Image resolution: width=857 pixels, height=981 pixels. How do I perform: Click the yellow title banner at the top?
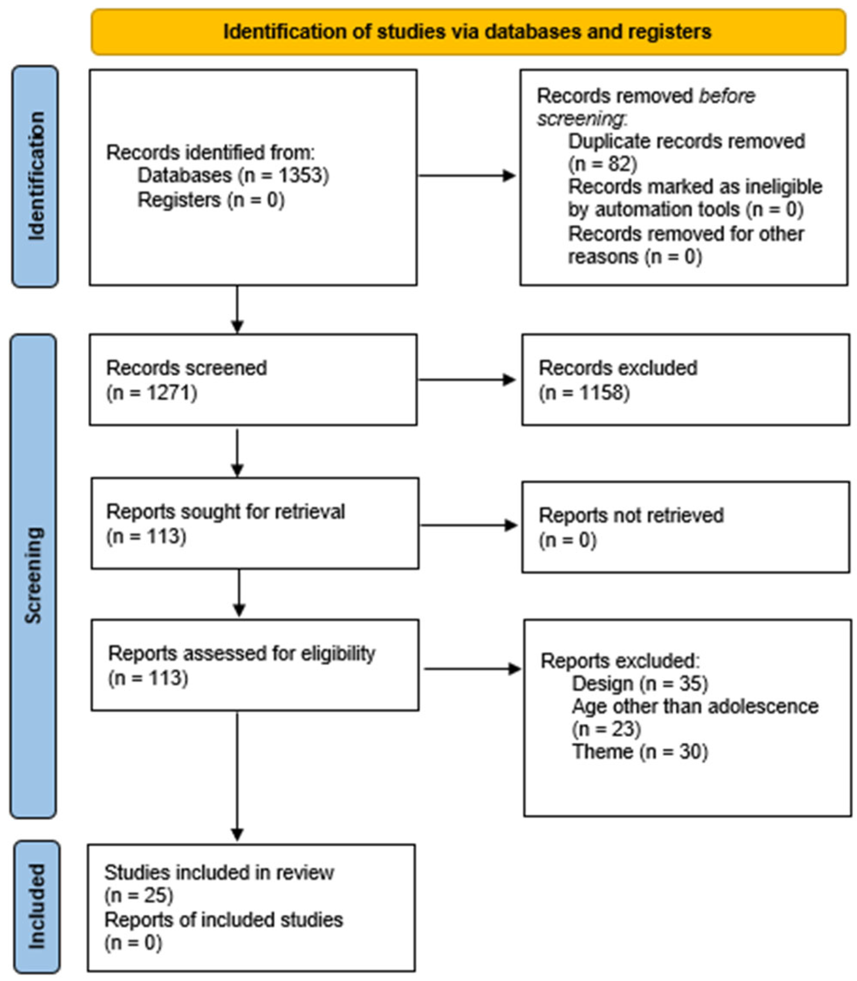[x=468, y=32]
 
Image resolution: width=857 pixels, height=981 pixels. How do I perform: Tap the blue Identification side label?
[x=35, y=177]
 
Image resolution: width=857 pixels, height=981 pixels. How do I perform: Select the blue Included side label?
[x=36, y=907]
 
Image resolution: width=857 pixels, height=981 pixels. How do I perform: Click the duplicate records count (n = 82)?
[x=603, y=164]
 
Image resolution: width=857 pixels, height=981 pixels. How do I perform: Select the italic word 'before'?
[x=727, y=96]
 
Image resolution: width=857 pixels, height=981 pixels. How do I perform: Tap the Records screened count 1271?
[x=171, y=393]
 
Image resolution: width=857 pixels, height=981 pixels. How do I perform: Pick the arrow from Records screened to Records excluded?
[x=467, y=380]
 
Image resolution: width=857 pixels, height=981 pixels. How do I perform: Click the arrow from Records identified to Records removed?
[x=467, y=175]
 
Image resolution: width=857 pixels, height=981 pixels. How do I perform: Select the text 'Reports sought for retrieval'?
[x=225, y=512]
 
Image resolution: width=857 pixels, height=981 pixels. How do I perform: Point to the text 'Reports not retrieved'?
[x=631, y=516]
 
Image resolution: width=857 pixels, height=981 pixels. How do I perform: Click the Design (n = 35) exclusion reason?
[x=639, y=683]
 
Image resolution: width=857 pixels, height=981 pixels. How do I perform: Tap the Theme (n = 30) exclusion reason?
[x=639, y=752]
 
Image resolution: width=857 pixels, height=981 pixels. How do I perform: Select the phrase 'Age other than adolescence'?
[x=695, y=707]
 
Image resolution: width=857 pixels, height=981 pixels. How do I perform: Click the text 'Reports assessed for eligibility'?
[x=242, y=654]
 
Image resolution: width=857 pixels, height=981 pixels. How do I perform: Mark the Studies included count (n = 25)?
[x=139, y=896]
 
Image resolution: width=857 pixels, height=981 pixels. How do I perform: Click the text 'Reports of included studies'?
[x=223, y=919]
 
